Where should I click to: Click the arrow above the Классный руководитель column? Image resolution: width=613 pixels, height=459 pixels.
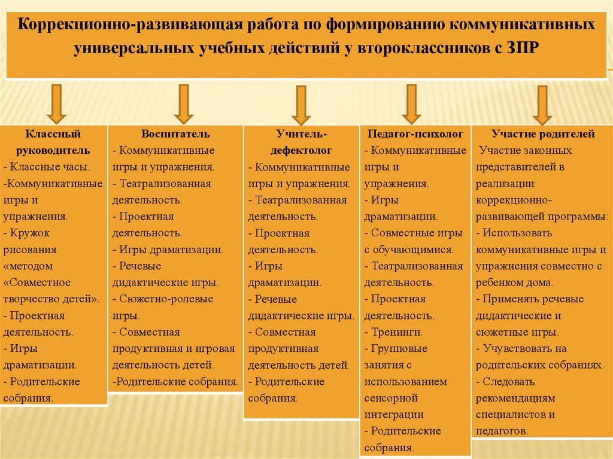pos(56,104)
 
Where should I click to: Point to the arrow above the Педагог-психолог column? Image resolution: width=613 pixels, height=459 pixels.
pos(412,104)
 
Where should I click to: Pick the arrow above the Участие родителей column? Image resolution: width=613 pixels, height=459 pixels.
pos(542,105)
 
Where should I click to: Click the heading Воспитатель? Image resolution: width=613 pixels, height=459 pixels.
pos(175,134)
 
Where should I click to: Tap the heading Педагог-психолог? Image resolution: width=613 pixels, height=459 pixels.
pos(415,134)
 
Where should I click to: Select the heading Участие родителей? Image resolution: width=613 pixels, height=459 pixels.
pos(543,134)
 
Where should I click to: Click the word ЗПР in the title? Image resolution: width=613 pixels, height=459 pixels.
pos(523,48)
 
